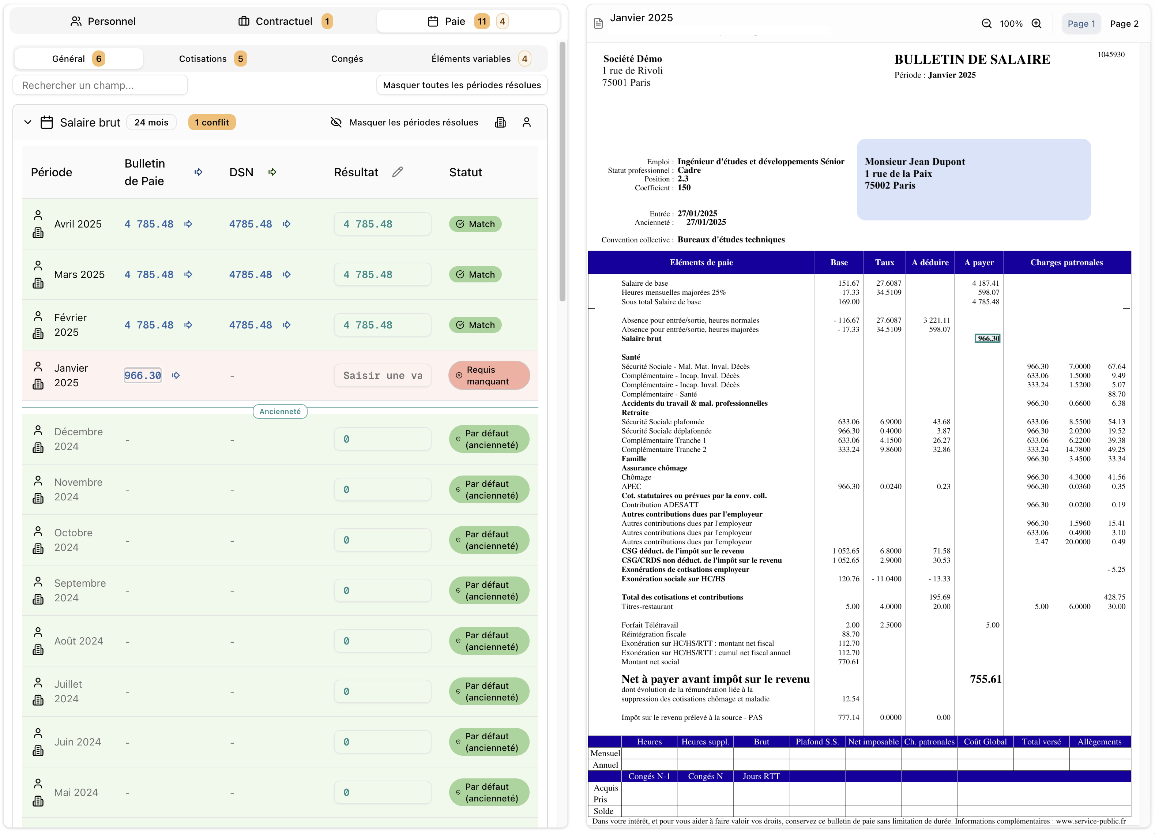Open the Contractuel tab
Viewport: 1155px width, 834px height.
point(284,21)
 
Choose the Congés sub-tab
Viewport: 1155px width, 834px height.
point(347,59)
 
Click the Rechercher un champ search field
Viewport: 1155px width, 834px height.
point(100,85)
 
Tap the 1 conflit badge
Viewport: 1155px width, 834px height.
point(212,122)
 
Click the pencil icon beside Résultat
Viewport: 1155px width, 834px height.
point(397,172)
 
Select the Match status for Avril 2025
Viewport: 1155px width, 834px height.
point(475,224)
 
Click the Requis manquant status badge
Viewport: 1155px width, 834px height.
point(488,375)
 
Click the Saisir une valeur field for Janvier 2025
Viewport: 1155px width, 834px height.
point(383,375)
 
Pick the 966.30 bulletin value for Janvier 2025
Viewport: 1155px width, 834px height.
point(143,375)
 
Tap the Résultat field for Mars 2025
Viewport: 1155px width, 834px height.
point(383,275)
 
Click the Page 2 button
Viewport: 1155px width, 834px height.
point(1124,23)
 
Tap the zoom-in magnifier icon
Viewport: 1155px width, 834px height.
point(1037,23)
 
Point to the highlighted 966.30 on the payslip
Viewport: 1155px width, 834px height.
point(987,338)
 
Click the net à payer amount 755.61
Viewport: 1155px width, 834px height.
point(985,679)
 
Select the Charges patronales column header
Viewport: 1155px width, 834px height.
point(1066,262)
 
